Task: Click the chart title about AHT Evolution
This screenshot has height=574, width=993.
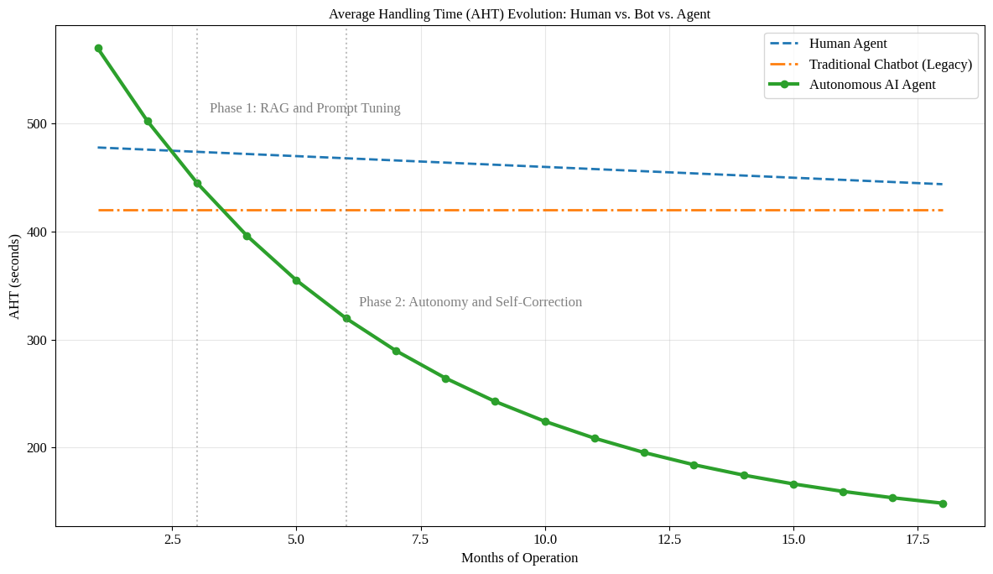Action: coord(519,13)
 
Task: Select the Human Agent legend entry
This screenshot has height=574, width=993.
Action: coord(847,44)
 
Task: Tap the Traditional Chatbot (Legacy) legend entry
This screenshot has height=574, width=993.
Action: coord(890,64)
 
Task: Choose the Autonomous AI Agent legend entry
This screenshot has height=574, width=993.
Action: coord(871,84)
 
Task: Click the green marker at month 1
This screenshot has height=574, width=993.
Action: coord(98,49)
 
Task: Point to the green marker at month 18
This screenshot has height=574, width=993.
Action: coord(943,504)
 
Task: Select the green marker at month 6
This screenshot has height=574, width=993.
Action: coord(346,319)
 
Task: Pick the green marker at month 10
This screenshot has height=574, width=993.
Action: coord(545,421)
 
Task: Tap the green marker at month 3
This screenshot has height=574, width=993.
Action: coord(197,183)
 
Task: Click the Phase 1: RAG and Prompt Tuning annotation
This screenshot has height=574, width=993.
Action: coord(304,108)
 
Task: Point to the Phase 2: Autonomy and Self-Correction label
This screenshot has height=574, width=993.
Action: coord(470,302)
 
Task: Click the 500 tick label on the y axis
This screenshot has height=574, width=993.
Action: coord(36,124)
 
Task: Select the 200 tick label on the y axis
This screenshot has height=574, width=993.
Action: coord(36,448)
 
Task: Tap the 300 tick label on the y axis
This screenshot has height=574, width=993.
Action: coord(36,340)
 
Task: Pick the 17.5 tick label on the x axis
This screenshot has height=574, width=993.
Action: coord(918,540)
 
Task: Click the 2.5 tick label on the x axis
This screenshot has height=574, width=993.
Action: coord(172,540)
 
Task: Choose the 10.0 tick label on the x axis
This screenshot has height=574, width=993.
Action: coord(545,540)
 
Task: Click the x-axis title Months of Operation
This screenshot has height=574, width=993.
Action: coord(519,558)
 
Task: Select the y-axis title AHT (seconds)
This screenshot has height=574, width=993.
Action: coord(14,276)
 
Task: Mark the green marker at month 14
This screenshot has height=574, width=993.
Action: coord(744,475)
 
